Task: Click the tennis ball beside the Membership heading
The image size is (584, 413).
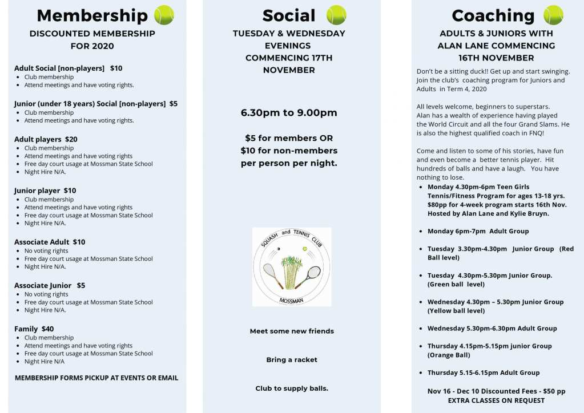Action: pyautogui.click(x=164, y=15)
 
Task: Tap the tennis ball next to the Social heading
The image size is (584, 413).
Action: pyautogui.click(x=336, y=15)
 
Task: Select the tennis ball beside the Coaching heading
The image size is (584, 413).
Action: pyautogui.click(x=553, y=15)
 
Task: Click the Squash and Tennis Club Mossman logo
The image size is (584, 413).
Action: pyautogui.click(x=292, y=267)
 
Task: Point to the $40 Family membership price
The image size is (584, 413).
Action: pyautogui.click(x=48, y=329)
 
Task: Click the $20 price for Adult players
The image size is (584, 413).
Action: pyautogui.click(x=71, y=139)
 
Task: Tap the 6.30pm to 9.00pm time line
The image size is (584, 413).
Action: pyautogui.click(x=289, y=112)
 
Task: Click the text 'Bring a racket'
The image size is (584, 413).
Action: pyautogui.click(x=292, y=360)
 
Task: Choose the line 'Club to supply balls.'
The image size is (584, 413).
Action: pyautogui.click(x=292, y=388)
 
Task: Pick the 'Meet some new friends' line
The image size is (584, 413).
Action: pyautogui.click(x=292, y=331)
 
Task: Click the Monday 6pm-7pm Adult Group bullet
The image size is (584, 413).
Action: pyautogui.click(x=478, y=231)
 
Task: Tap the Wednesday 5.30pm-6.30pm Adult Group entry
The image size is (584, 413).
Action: pyautogui.click(x=492, y=328)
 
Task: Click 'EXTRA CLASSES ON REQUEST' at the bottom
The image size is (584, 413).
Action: pyautogui.click(x=496, y=400)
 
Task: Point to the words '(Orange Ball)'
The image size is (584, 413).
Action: pyautogui.click(x=449, y=355)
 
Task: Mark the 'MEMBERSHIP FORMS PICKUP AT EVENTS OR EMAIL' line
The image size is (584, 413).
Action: pyautogui.click(x=96, y=378)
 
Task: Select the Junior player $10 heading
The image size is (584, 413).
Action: pyautogui.click(x=45, y=191)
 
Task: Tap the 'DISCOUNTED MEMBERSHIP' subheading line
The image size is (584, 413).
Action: pyautogui.click(x=92, y=34)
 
